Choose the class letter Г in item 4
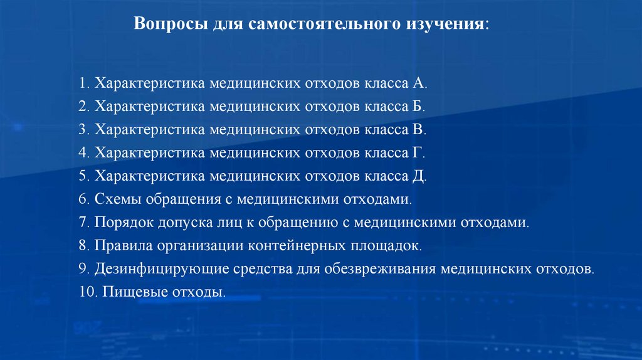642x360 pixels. pos(418,153)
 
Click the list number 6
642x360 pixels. pos(83,199)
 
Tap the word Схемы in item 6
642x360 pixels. pos(118,199)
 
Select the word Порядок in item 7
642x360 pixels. pos(123,223)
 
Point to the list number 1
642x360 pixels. pos(83,83)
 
